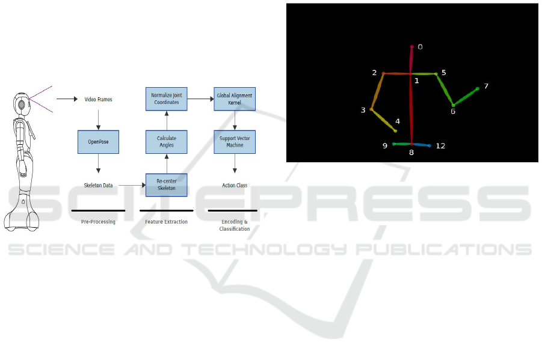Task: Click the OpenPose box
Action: tap(98, 142)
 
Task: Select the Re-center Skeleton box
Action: tap(167, 185)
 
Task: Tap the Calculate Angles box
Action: tap(167, 142)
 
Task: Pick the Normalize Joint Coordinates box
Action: tap(167, 99)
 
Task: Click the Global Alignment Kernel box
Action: tap(235, 99)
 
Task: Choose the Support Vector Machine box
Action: tap(235, 142)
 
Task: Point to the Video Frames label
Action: tap(98, 99)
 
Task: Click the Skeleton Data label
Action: tap(98, 185)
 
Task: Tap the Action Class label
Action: tap(235, 185)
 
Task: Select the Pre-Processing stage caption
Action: tap(98, 222)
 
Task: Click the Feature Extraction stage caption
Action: tap(167, 222)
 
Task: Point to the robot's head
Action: tap(21, 103)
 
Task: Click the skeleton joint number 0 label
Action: tap(420, 47)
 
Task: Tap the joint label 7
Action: tap(486, 87)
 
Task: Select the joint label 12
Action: tap(440, 146)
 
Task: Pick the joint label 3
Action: tap(363, 110)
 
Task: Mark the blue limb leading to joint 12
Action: tap(420, 145)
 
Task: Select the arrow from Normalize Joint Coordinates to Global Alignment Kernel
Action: tap(200, 99)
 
